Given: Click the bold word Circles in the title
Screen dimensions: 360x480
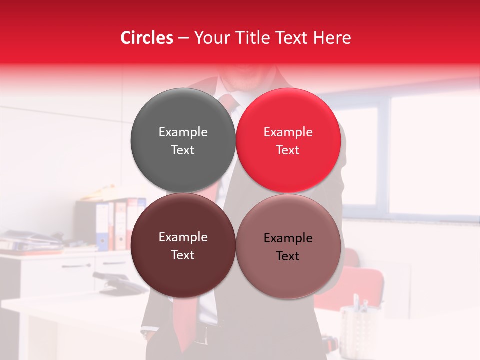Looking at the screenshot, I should click(147, 38).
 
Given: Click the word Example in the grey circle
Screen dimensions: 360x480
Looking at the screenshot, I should click(183, 132).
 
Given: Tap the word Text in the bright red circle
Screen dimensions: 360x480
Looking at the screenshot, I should click(288, 150).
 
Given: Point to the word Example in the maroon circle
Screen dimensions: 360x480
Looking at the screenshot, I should click(183, 237).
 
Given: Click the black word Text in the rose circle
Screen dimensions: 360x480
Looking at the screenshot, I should click(288, 256).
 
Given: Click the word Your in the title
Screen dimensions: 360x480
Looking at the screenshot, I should click(211, 38).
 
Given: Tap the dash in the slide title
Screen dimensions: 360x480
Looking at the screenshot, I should click(183, 38).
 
